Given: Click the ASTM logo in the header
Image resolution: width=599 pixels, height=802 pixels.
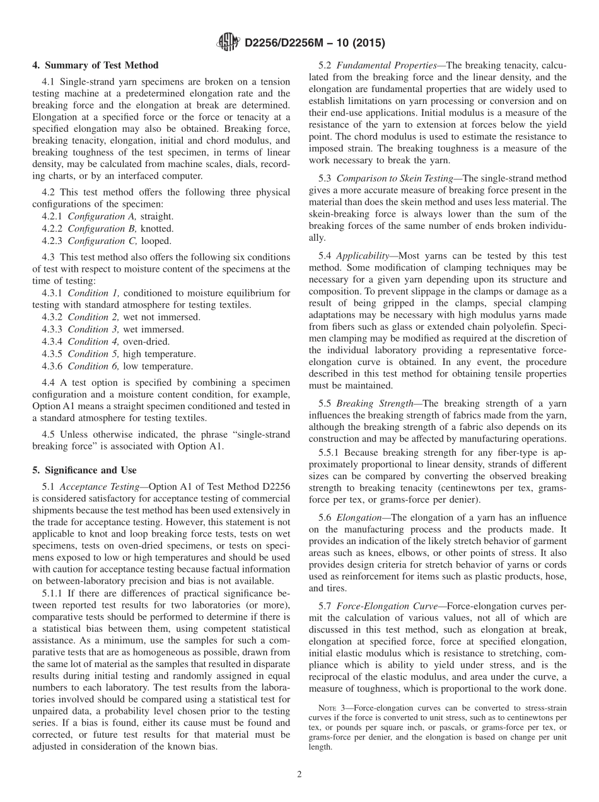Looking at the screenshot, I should coord(228,42).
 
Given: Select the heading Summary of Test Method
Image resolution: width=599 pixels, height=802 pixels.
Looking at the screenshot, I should coord(95,65).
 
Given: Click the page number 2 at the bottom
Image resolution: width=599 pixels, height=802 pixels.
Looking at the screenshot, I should coord(299,775).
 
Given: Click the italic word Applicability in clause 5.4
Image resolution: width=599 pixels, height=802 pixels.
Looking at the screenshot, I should coord(363,256).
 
